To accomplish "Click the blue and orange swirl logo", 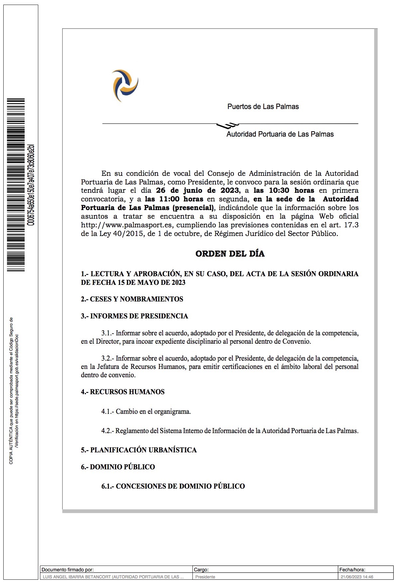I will click(125, 85).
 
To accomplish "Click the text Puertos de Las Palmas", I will click(263, 107).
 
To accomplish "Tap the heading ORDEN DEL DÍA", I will click(230, 254).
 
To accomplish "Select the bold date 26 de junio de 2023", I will click(197, 190).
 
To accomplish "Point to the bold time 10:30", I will click(279, 190).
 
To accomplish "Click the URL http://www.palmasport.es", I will click(126, 225).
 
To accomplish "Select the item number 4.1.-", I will click(108, 411).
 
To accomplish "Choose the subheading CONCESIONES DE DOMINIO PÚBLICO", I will click(180, 486).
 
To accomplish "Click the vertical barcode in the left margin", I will click(16, 185).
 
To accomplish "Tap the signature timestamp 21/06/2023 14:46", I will click(357, 577).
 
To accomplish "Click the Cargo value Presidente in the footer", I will click(205, 577).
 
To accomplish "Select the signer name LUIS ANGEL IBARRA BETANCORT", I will click(77, 577).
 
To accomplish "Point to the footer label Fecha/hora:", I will click(352, 570).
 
